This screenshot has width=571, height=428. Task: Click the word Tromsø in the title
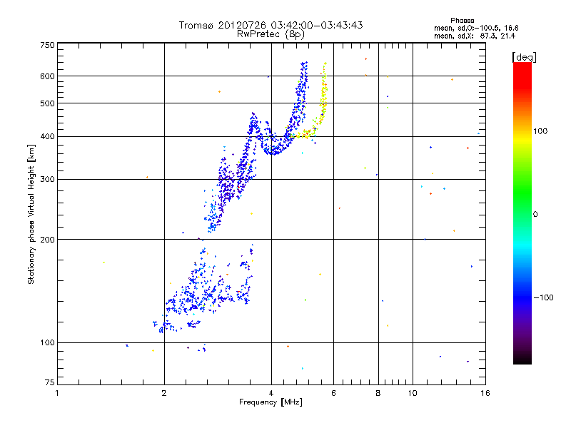coord(196,25)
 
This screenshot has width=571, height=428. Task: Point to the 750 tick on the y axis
coord(47,45)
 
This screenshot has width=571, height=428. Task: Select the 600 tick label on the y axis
coord(47,76)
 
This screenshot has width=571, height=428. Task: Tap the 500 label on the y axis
coord(47,103)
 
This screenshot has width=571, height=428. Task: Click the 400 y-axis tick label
coord(47,136)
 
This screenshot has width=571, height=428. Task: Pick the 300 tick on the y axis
coord(47,179)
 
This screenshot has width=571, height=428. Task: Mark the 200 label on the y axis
coord(47,239)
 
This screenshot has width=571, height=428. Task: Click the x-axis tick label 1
coord(57,393)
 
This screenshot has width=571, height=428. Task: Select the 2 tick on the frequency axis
coord(164,393)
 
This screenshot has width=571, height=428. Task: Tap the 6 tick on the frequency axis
coord(333,393)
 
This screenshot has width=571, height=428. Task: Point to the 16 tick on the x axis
coord(484,393)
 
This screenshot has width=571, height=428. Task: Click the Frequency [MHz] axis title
coord(271,402)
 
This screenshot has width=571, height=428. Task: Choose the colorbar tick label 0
coord(537,214)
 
